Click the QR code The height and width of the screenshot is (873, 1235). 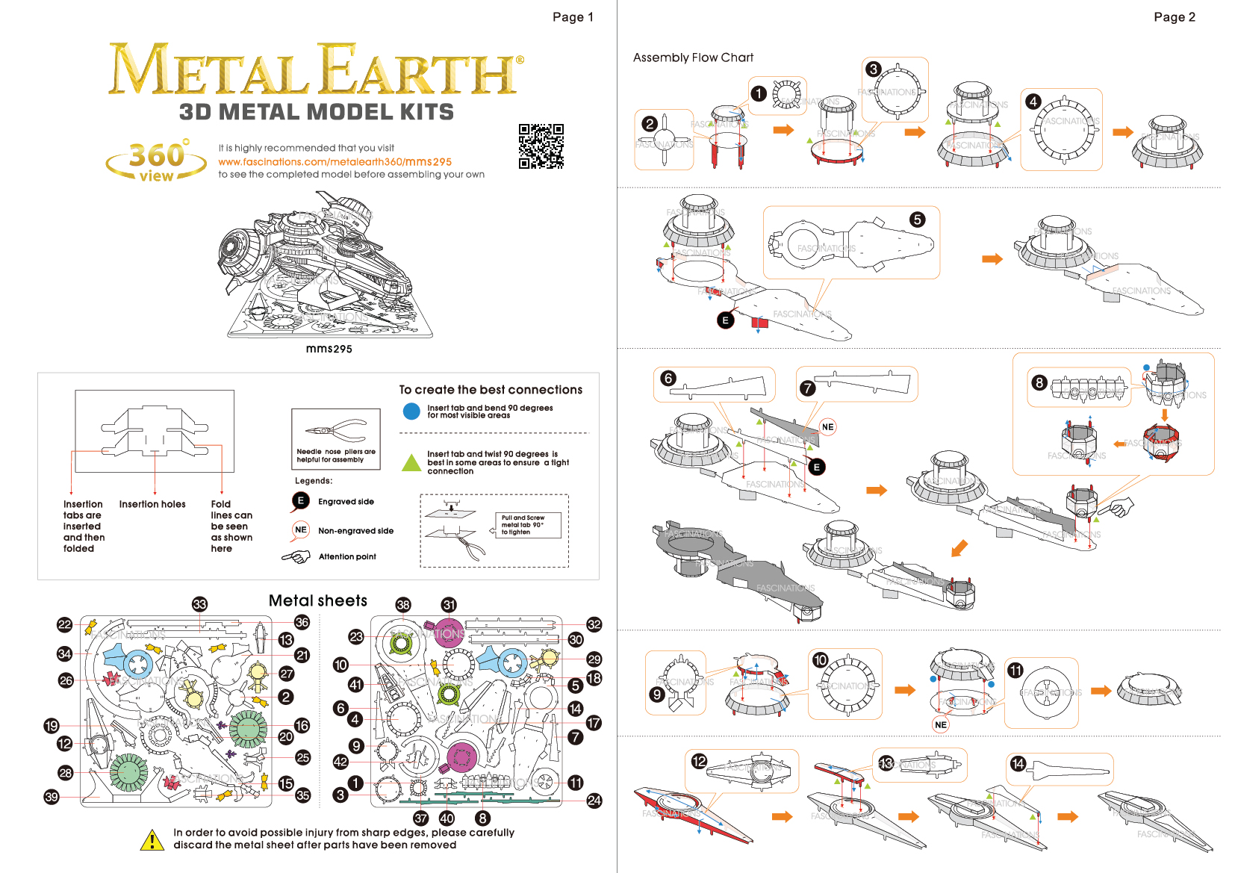[x=541, y=146]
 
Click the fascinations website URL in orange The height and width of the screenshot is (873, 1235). [x=335, y=162]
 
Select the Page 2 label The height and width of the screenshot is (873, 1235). [x=1174, y=17]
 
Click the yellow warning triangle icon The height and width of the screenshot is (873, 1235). [x=152, y=840]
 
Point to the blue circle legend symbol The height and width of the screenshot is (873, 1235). [x=411, y=411]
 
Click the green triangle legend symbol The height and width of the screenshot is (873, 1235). [x=411, y=463]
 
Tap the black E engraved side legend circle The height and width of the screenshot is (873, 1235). [x=301, y=501]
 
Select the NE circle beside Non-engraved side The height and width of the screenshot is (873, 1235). [x=301, y=530]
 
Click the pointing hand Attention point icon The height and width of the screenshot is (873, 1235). [x=296, y=557]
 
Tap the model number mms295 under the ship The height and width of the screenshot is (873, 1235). [x=329, y=349]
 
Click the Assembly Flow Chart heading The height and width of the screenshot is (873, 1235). [x=693, y=58]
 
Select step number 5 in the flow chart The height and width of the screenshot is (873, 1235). [x=917, y=220]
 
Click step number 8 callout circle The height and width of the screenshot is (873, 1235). [x=1039, y=383]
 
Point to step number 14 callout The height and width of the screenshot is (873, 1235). [x=1018, y=763]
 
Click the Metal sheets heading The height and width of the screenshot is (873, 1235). [x=318, y=601]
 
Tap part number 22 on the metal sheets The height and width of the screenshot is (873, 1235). [x=65, y=624]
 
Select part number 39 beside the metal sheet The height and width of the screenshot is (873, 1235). [x=52, y=797]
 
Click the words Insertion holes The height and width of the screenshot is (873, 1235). [x=152, y=504]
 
